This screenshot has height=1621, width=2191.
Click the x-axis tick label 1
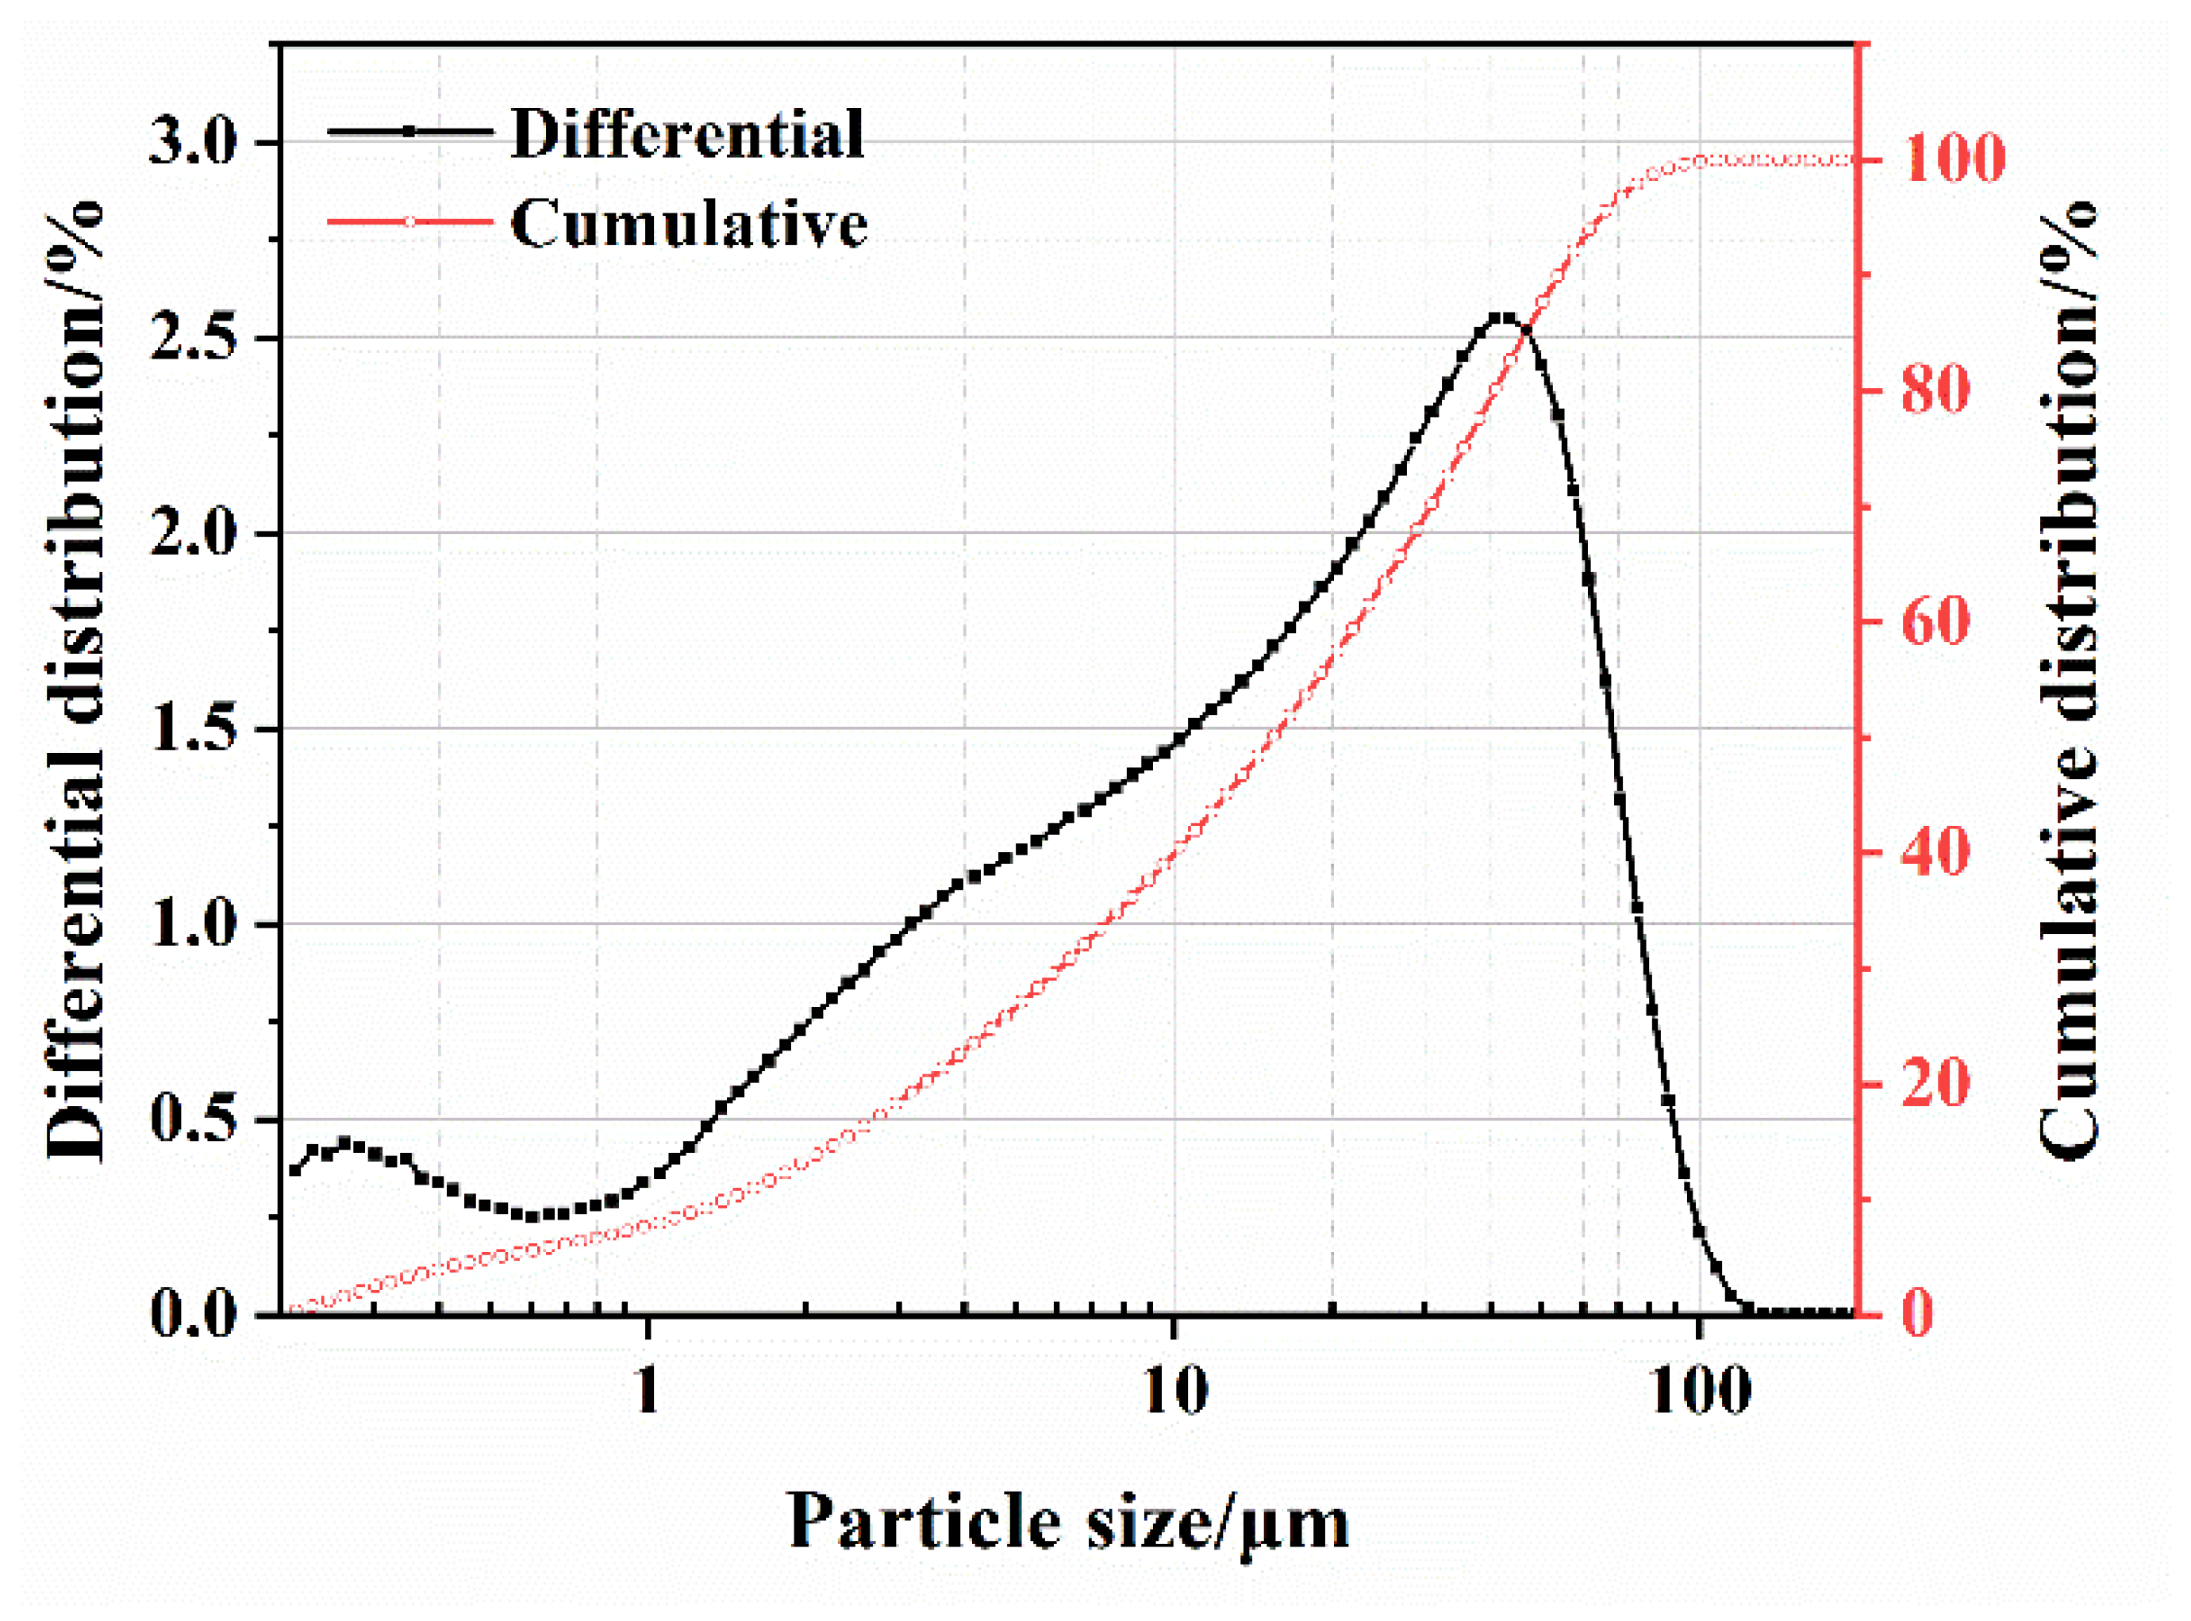[647, 1390]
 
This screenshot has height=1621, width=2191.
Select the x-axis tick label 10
[1174, 1390]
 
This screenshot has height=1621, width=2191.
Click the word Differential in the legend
[687, 133]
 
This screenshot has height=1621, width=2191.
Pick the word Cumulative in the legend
[689, 224]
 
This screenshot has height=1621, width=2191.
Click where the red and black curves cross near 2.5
[1524, 332]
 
